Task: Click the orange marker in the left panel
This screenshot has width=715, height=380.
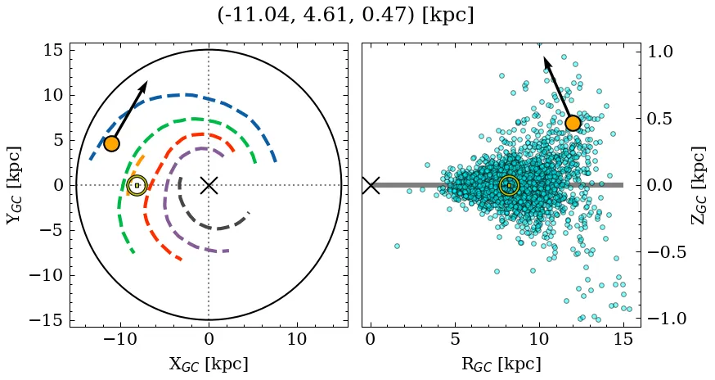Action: (x=111, y=143)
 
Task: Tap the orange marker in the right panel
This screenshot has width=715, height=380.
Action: (x=573, y=123)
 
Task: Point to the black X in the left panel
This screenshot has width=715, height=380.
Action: (x=209, y=185)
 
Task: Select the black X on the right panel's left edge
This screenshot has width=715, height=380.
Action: (x=371, y=185)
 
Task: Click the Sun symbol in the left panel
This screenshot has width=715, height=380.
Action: (x=137, y=186)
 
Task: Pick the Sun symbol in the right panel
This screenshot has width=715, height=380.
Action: (x=509, y=186)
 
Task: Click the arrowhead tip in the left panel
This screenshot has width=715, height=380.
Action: (x=147, y=82)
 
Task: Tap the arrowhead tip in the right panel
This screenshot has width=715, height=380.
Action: (x=544, y=57)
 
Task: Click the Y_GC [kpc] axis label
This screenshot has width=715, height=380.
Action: (x=14, y=185)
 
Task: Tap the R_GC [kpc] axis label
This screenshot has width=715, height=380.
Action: (x=500, y=364)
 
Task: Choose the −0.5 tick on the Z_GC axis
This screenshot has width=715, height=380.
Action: (x=664, y=251)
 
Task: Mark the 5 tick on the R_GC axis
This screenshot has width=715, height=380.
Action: (x=454, y=338)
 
